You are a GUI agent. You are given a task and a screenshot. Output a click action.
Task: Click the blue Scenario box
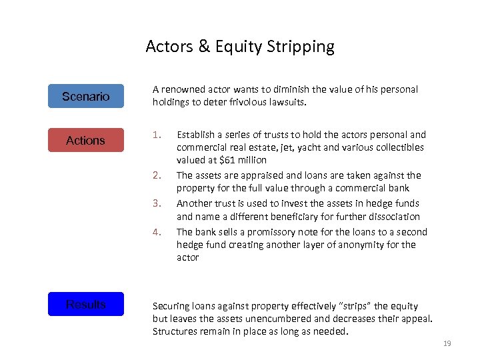pos(85,96)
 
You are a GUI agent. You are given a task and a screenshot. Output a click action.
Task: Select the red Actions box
pos(85,140)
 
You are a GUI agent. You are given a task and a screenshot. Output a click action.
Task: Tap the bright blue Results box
pos(85,304)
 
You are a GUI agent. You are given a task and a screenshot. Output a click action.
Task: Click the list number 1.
pos(157,134)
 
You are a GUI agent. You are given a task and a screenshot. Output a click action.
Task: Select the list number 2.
pos(157,175)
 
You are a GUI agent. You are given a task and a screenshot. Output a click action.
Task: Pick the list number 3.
pos(157,203)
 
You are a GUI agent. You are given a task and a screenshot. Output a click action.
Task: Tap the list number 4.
pos(157,232)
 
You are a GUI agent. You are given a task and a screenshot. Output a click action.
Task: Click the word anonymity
pos(359,245)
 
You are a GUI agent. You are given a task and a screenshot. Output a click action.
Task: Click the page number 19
pos(447,344)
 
